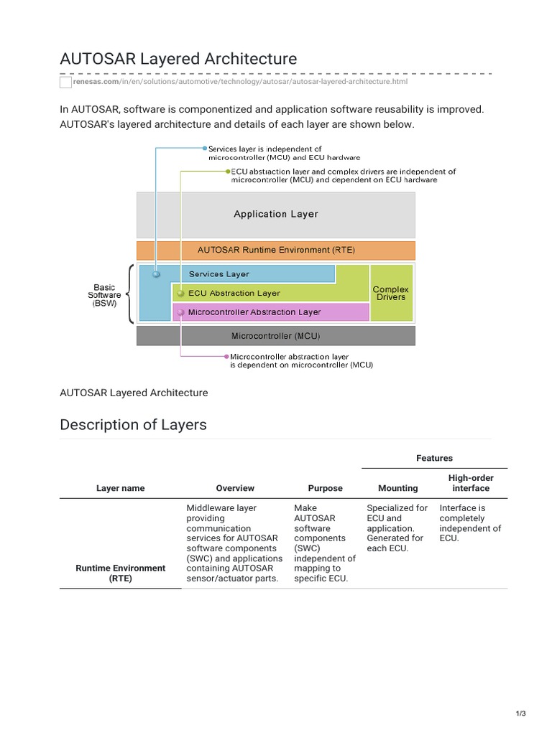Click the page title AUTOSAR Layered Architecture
178,58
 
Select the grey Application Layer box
275,214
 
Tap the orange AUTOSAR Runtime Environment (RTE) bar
275,251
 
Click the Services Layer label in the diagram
218,274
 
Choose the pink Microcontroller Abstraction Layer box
270,312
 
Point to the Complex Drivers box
390,293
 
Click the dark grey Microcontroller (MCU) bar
275,336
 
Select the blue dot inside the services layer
156,274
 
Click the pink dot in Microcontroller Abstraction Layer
180,312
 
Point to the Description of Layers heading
133,424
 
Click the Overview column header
235,488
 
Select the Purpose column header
325,488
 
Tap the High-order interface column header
471,483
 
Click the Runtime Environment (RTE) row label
120,573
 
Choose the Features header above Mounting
434,458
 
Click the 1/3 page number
520,713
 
